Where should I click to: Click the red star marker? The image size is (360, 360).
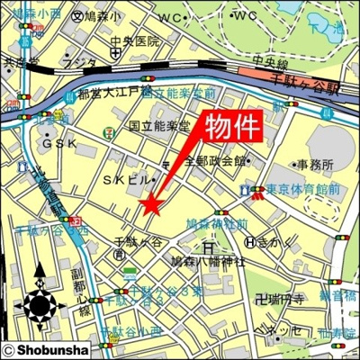coord(150,206)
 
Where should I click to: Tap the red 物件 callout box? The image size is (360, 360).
coord(231,126)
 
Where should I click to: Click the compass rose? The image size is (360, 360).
coord(40,305)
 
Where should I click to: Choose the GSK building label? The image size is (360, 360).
coord(59,143)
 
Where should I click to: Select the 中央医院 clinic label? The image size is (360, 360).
coord(135,42)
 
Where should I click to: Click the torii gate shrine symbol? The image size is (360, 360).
coord(208,245)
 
